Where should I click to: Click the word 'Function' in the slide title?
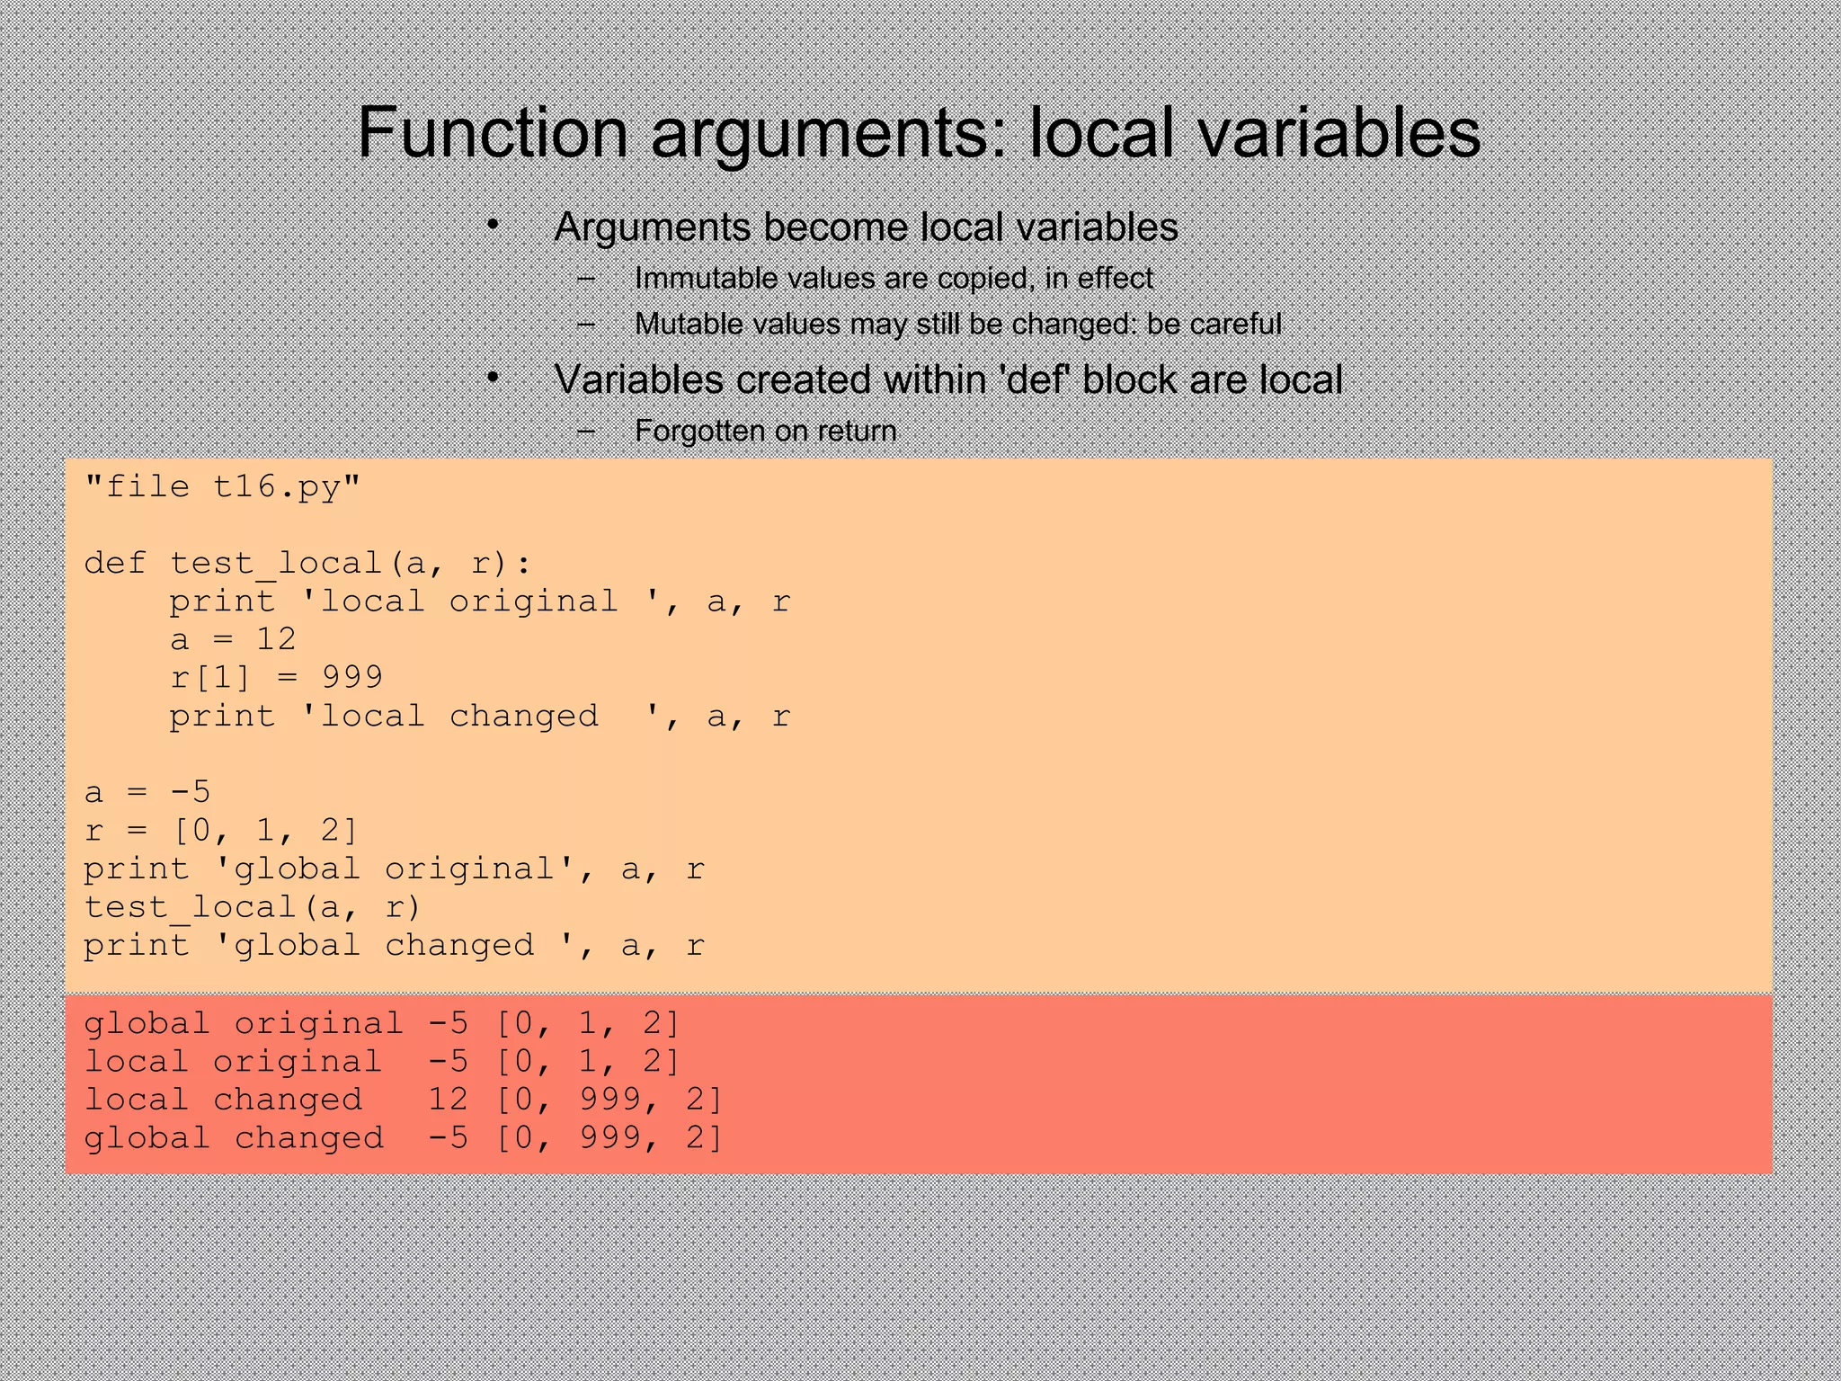(x=493, y=133)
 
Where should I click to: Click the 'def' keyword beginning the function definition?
(x=115, y=564)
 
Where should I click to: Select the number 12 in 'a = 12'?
(x=276, y=639)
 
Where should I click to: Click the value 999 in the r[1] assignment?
(x=352, y=677)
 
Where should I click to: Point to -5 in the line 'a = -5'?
(x=191, y=792)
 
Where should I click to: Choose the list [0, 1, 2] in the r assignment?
(x=265, y=830)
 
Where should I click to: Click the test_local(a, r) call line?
(x=253, y=907)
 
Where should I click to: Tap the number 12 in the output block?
(x=448, y=1100)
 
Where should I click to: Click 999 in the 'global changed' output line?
(x=609, y=1138)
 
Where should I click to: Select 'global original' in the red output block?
(x=244, y=1023)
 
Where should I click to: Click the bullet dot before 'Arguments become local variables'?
(x=493, y=225)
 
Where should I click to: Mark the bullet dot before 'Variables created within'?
(x=493, y=378)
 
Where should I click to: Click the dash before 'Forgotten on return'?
(x=587, y=432)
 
